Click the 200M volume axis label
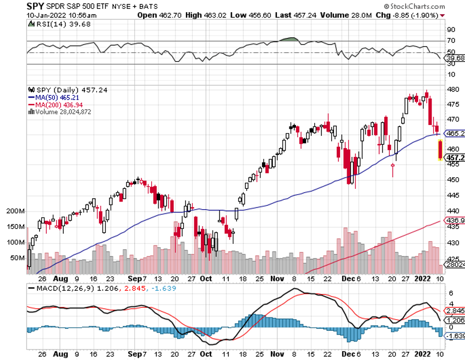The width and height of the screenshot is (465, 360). click(16, 211)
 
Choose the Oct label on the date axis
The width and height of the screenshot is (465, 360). click(206, 278)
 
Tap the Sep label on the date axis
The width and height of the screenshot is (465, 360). click(135, 278)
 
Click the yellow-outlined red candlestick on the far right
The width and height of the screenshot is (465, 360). click(440, 150)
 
